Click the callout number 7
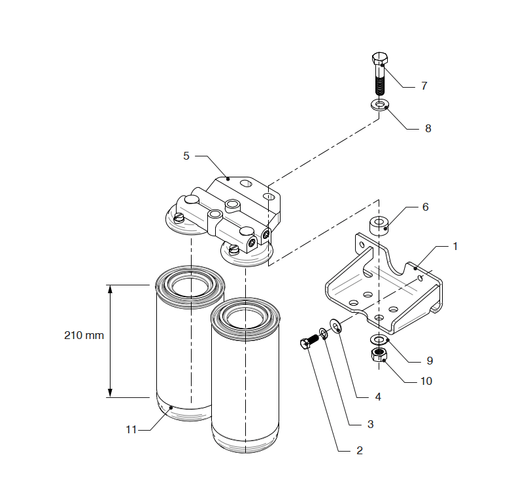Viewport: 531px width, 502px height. coord(424,86)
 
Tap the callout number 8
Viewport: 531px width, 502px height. coord(428,129)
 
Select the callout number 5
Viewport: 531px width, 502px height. coord(186,156)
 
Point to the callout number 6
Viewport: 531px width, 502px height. coord(426,207)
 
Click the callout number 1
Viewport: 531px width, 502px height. coord(455,247)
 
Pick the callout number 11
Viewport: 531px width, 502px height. coord(131,430)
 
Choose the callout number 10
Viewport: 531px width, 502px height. coord(426,382)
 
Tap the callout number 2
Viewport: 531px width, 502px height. coord(360,450)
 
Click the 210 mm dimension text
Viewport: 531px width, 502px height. coord(84,336)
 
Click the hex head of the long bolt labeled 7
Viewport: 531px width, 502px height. coord(380,58)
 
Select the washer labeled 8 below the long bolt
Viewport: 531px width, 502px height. coord(380,105)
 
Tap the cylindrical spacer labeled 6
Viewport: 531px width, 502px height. coord(379,225)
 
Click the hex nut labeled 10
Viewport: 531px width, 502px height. coord(379,355)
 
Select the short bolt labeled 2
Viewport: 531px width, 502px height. coord(309,342)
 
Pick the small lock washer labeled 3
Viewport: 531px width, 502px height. coord(324,334)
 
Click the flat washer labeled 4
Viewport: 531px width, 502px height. coord(335,326)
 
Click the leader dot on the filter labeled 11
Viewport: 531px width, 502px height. coord(171,408)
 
